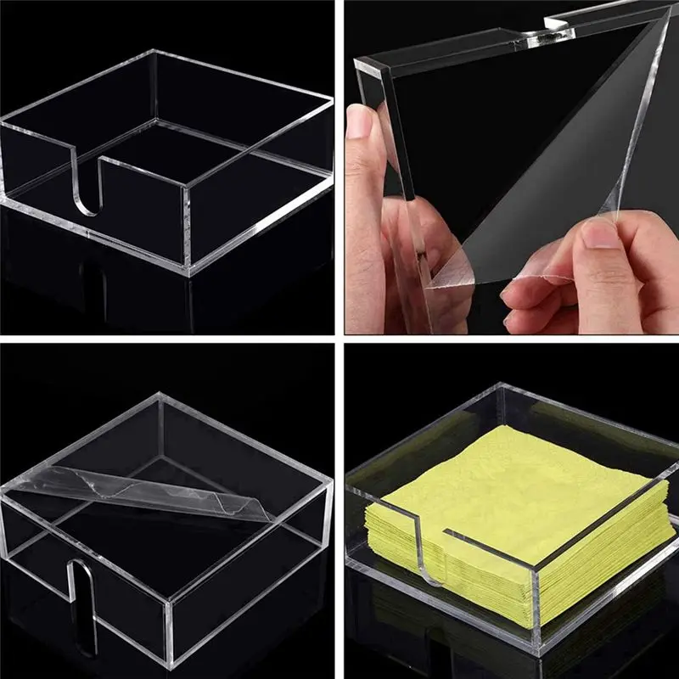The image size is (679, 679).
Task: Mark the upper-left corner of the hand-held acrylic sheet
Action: click(360, 61)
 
